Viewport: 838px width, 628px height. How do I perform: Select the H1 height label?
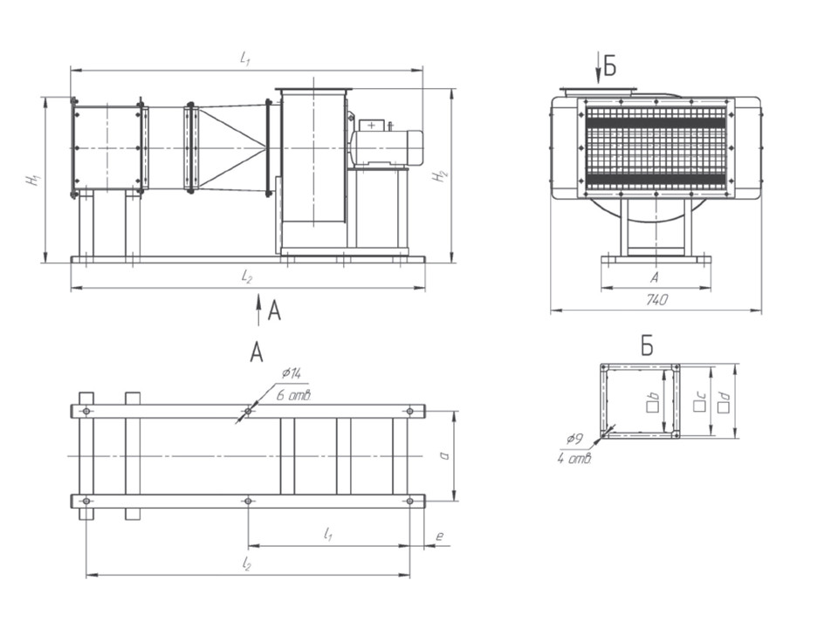33,179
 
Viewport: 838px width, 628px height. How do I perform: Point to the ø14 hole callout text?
291,373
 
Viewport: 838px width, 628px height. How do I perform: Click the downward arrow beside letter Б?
599,66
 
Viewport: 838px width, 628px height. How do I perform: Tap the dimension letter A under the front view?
655,277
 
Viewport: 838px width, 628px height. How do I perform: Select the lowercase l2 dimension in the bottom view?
247,566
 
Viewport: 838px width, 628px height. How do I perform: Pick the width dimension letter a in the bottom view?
445,455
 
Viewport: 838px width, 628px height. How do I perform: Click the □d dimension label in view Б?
723,402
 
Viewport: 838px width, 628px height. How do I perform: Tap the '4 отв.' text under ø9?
574,457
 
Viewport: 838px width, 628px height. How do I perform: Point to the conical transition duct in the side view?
231,147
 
